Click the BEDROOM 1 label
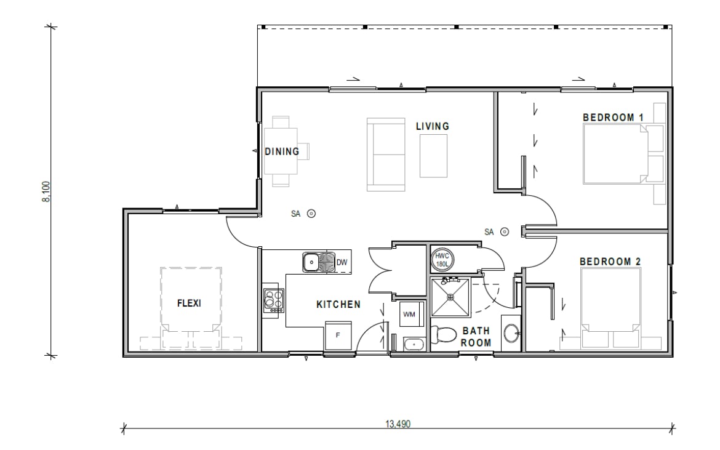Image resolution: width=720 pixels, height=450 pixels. coord(613,118)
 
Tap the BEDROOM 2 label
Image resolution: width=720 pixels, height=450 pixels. coord(610,262)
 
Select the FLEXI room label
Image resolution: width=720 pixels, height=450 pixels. coord(189,303)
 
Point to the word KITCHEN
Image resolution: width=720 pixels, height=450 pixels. coord(338,305)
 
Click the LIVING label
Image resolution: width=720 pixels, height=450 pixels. coord(433,126)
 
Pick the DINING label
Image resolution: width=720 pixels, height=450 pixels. coord(282,151)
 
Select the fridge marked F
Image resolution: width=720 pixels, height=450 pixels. coord(338,335)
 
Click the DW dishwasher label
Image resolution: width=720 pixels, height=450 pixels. coord(342,263)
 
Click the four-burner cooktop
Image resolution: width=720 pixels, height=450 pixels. coord(274,301)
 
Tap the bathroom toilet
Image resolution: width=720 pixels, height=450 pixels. coord(442,334)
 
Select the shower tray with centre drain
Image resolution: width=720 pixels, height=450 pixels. coord(450,297)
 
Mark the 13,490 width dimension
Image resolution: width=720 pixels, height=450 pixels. coord(398,424)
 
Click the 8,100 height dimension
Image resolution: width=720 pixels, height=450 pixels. coord(46,191)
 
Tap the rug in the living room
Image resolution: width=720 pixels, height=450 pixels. coord(433,156)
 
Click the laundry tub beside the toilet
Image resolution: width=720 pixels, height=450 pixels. coord(415,344)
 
